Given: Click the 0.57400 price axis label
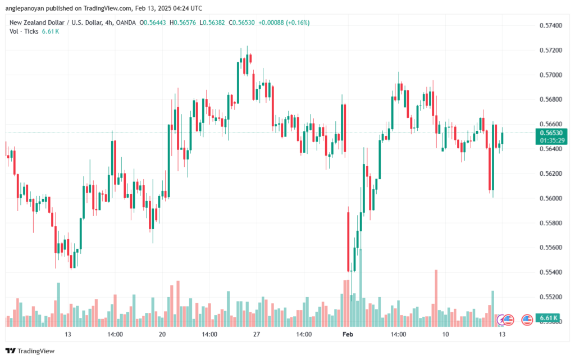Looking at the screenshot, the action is (550, 25).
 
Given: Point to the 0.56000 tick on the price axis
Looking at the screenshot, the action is (550, 198).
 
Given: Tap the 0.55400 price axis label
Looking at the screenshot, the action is (550, 272).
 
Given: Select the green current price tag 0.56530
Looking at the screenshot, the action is (551, 133).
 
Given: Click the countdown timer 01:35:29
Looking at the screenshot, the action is (552, 140).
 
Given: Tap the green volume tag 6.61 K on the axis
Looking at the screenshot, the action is (548, 318).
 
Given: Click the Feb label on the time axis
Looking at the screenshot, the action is (348, 334).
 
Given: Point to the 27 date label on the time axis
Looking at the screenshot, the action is (256, 334).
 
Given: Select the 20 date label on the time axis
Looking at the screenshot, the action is (162, 334).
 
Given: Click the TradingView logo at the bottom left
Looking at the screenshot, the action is (30, 351).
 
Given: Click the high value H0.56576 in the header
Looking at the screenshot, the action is (182, 22).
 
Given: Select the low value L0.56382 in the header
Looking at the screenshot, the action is (212, 22).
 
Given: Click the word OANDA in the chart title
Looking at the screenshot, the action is (126, 22).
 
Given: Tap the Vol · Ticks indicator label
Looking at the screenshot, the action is (24, 31).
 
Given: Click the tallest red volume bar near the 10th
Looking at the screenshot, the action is (436, 298).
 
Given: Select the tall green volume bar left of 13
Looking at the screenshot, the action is (58, 304).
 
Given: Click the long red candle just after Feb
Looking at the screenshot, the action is (348, 242).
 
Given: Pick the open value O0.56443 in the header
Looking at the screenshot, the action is (153, 22).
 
